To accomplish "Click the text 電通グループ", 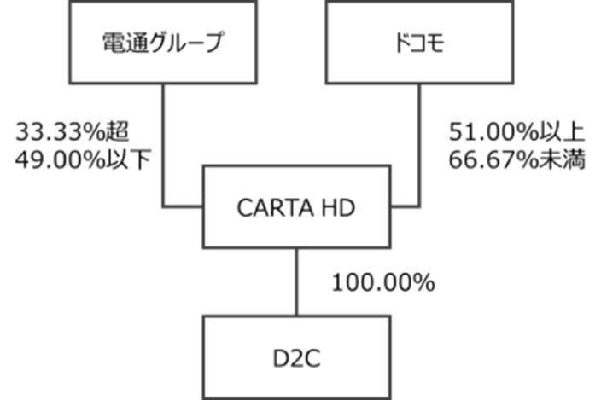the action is (x=162, y=43).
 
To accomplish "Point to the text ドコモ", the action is (x=418, y=43).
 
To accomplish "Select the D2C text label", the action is (x=295, y=357).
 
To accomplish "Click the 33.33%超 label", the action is (x=72, y=133).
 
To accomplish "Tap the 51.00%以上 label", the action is (x=516, y=133).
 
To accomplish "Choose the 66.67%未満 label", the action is (x=516, y=159).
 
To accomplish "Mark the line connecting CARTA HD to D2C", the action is (x=296, y=281).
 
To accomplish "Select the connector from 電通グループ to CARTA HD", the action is (x=163, y=145).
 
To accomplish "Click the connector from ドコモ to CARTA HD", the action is (x=419, y=145).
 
